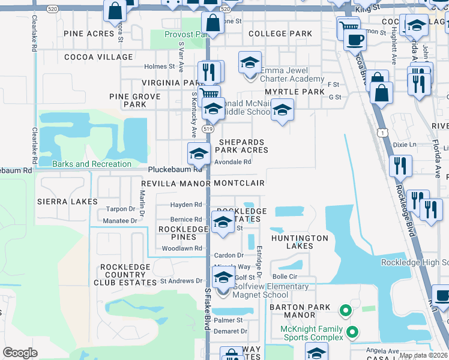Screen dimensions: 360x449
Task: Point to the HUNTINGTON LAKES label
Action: (x=300, y=242)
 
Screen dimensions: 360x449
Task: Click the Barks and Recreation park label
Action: (x=92, y=164)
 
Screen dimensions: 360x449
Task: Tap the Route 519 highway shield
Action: (x=208, y=129)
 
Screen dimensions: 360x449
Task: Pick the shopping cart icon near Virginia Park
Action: (x=208, y=94)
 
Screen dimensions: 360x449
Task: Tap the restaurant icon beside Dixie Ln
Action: (x=400, y=164)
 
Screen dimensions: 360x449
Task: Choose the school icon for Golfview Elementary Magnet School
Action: (x=223, y=278)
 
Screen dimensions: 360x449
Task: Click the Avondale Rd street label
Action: (x=232, y=161)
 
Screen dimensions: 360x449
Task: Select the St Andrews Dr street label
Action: (x=181, y=280)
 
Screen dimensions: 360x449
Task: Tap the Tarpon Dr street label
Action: (x=120, y=209)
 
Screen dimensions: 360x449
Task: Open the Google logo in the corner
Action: (x=20, y=353)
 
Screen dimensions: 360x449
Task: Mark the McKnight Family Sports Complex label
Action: (x=312, y=333)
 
